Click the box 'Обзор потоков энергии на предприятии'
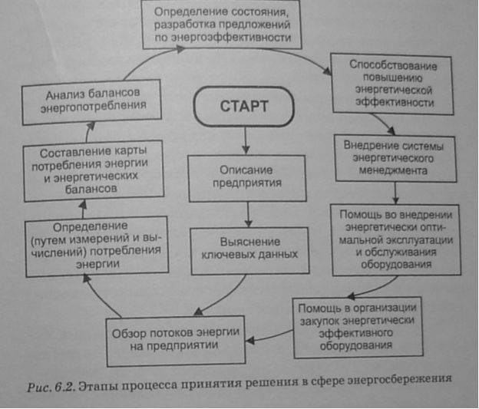tap(177, 338)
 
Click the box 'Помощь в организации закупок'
tap(358, 327)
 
